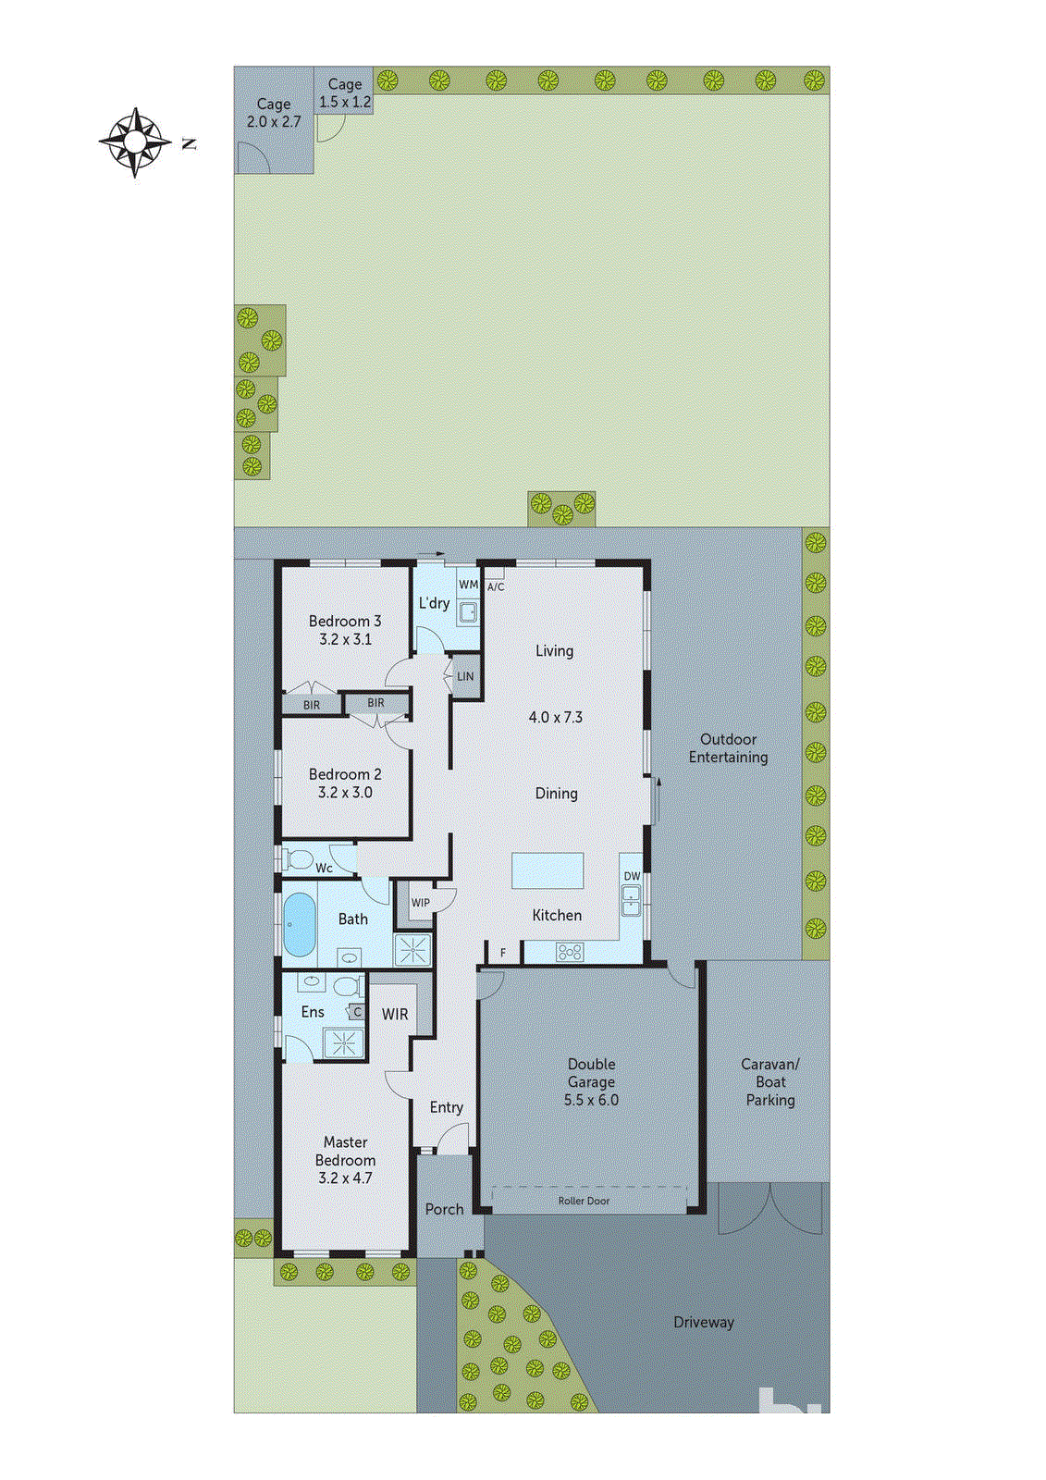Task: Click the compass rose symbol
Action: tap(135, 142)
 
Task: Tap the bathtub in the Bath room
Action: tap(298, 924)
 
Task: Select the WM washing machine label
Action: tap(469, 585)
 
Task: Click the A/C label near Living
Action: tap(496, 586)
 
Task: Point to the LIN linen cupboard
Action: tap(465, 676)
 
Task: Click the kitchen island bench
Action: tap(548, 871)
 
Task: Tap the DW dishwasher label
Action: tap(632, 876)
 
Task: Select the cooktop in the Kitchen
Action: tap(570, 951)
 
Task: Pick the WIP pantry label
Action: tap(421, 903)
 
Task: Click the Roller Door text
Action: tap(584, 1201)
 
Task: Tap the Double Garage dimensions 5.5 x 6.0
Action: tap(591, 1100)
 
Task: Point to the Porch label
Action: tap(444, 1209)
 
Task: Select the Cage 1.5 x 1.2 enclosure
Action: tap(344, 92)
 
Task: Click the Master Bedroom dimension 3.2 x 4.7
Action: tap(345, 1178)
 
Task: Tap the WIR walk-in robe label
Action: tap(395, 1014)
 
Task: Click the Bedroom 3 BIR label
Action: tap(312, 705)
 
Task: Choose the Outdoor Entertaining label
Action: tap(728, 748)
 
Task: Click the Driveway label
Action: tap(703, 1322)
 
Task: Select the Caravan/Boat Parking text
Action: tap(769, 1081)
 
